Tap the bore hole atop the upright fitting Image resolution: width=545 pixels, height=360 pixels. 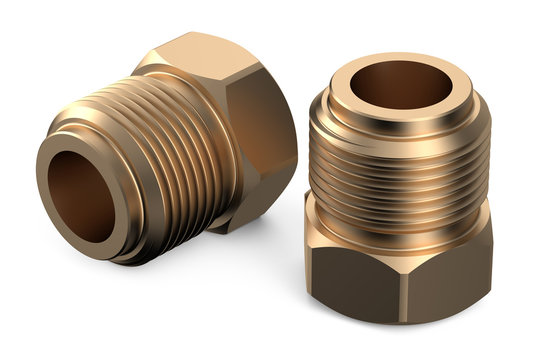[x=399, y=84]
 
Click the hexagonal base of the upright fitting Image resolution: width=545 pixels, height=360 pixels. [x=400, y=265]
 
